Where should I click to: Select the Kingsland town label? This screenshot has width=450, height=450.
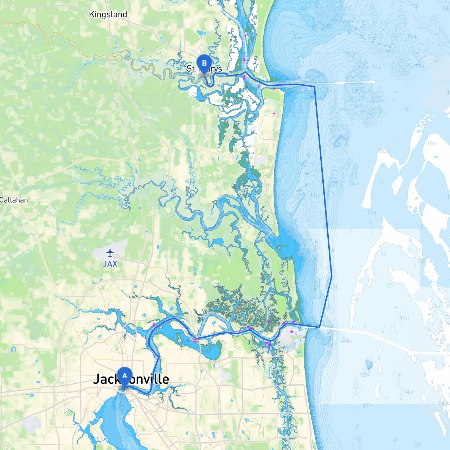108,14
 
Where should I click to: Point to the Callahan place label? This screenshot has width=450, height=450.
14,200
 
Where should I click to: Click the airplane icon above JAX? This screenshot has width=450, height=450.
110,253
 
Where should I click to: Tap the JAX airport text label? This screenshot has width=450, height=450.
110,264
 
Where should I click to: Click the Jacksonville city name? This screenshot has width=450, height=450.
131,379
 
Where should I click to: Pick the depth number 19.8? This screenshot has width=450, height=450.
432,143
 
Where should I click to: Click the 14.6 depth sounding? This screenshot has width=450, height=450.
377,67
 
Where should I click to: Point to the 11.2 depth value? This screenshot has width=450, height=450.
343,51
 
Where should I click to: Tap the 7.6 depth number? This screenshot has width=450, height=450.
297,38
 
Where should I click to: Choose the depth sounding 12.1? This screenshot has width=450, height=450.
314,195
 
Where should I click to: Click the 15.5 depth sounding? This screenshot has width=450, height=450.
436,306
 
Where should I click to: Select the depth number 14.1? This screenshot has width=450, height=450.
404,318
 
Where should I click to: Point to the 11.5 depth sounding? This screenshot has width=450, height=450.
379,36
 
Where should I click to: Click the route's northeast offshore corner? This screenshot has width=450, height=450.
314,86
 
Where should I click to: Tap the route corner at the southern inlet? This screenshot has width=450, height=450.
319,327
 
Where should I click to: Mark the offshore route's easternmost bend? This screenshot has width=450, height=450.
332,276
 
